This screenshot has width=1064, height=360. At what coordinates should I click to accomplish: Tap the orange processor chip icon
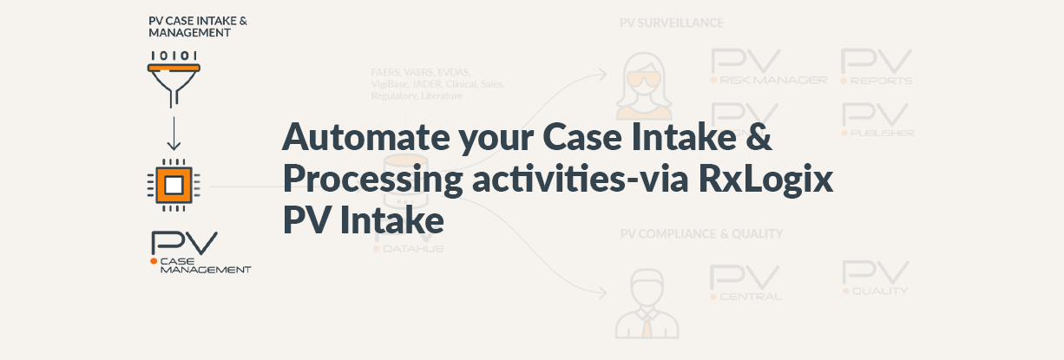click(174, 184)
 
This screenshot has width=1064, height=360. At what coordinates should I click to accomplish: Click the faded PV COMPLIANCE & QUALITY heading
click(701, 233)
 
